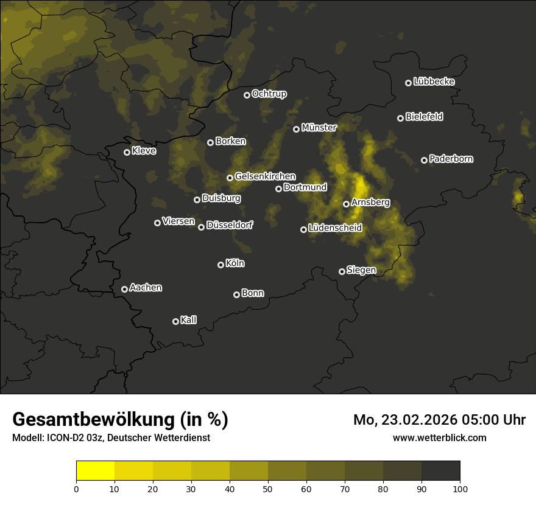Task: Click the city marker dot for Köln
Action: (220, 265)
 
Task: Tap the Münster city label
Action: (319, 128)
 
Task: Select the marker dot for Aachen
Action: (124, 289)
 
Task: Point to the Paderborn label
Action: (451, 159)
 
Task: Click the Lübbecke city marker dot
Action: (408, 83)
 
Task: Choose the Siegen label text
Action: (361, 270)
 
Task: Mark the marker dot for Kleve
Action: (127, 152)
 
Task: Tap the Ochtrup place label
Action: (269, 94)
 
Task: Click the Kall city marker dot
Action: (175, 321)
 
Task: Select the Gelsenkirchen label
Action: (265, 176)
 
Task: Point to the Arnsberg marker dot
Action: (346, 204)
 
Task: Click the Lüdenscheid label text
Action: (335, 228)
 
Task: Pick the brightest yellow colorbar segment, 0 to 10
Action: (95, 470)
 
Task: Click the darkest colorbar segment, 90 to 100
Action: (440, 470)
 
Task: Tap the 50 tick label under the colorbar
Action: (268, 489)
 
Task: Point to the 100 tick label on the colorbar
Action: (460, 489)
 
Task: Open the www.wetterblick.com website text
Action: (440, 437)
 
